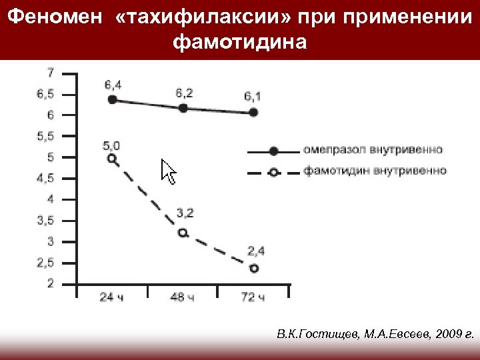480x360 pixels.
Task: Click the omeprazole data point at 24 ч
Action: pyautogui.click(x=112, y=100)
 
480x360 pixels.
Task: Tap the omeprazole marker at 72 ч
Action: pyautogui.click(x=253, y=113)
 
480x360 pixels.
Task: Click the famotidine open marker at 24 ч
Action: pyautogui.click(x=112, y=159)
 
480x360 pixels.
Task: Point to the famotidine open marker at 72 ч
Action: pyautogui.click(x=253, y=268)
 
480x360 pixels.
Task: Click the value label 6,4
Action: pyautogui.click(x=112, y=85)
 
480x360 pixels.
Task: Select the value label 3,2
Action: pyautogui.click(x=185, y=213)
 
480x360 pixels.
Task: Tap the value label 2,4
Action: pyautogui.click(x=255, y=251)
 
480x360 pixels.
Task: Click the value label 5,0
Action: pyautogui.click(x=111, y=145)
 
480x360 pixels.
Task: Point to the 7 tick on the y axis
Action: pyautogui.click(x=51, y=72)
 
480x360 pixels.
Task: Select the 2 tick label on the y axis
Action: pyautogui.click(x=51, y=284)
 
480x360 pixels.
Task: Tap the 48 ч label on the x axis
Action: pyautogui.click(x=182, y=297)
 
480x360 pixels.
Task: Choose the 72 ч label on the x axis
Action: pyautogui.click(x=253, y=297)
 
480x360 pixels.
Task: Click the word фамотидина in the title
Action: pyautogui.click(x=240, y=43)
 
